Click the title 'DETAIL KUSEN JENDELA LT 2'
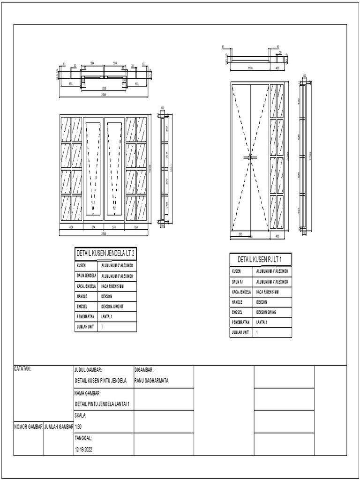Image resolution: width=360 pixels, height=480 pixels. (105, 254)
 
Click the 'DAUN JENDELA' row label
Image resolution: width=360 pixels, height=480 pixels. (86, 275)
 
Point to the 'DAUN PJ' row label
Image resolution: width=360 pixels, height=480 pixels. (238, 281)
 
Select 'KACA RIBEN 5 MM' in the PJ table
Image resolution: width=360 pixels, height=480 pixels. (268, 292)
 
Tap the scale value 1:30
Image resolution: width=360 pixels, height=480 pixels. (78, 427)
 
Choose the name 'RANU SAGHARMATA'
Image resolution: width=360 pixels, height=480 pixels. (151, 381)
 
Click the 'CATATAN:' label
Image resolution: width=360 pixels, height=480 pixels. (22, 369)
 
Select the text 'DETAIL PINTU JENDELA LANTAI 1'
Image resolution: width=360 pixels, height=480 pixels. (102, 404)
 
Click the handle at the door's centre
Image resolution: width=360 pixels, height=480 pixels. (251, 157)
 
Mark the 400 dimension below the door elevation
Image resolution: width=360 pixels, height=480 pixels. (277, 236)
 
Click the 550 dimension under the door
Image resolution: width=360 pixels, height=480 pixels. (240, 234)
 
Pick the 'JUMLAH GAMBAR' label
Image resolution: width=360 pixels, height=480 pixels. (59, 427)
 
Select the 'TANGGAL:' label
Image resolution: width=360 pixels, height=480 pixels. (83, 438)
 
